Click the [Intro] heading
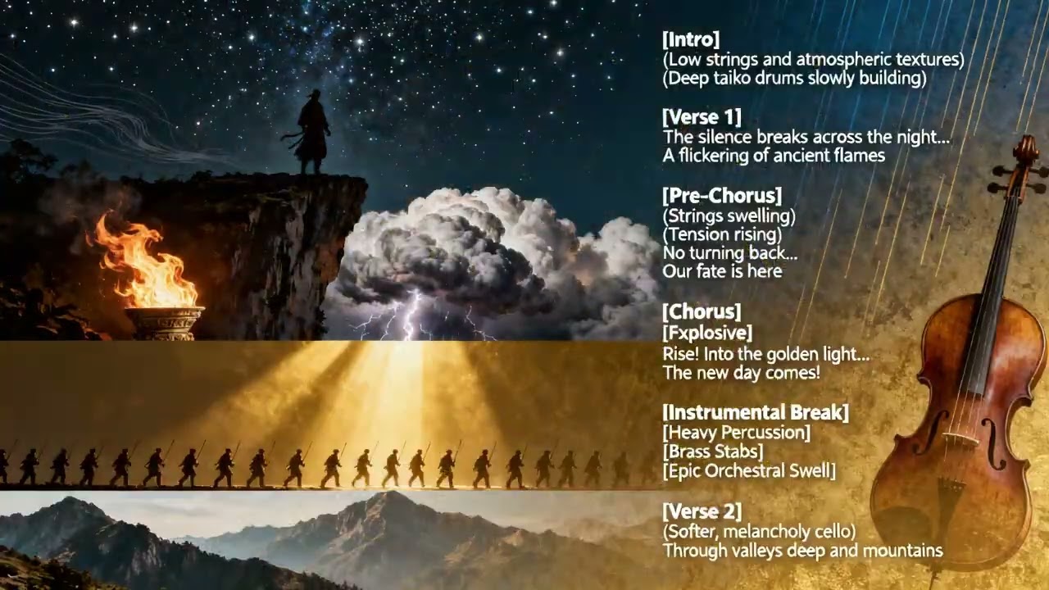pos(691,39)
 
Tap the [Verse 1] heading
pos(702,117)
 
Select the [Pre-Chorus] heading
pos(722,196)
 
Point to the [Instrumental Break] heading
pos(756,412)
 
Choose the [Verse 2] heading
pos(702,512)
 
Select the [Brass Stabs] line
pos(713,452)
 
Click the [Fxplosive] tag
pos(707,333)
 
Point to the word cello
pos(828,532)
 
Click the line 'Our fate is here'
pos(722,271)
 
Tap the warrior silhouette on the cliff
pos(312,131)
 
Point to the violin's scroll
pos(1024,152)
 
